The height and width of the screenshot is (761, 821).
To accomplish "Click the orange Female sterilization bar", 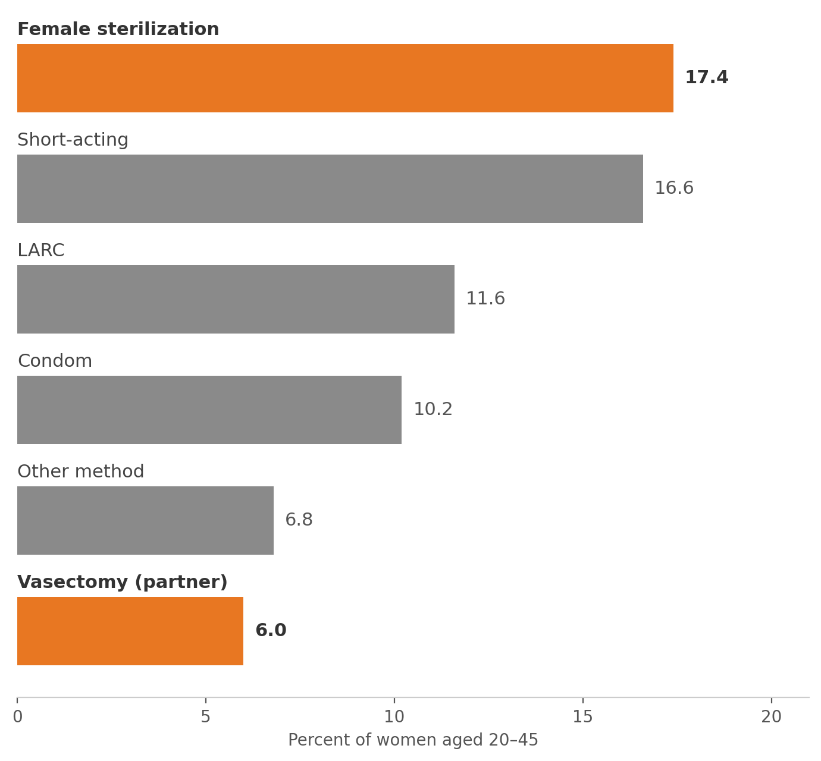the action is (x=345, y=78).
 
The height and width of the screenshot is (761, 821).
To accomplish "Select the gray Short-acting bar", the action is (x=330, y=189).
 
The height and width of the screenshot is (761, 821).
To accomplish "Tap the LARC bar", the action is (x=236, y=299).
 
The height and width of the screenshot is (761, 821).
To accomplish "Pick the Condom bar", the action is (x=209, y=410).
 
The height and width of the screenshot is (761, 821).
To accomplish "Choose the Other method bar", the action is (x=145, y=521).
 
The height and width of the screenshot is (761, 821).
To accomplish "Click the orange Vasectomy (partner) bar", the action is (x=130, y=631).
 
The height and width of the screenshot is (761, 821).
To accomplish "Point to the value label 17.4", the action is (x=707, y=78).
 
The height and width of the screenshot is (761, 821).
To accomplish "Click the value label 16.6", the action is (x=674, y=188).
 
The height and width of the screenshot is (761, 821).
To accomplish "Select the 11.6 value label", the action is (x=485, y=298).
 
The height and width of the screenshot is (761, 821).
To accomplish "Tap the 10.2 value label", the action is (x=433, y=409).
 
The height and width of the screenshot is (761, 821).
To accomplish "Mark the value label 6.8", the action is (x=299, y=520).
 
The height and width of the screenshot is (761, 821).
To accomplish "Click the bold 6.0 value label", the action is (x=271, y=630).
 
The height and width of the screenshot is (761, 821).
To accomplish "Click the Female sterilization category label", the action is (x=118, y=29).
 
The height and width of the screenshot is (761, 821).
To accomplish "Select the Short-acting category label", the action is (x=73, y=140).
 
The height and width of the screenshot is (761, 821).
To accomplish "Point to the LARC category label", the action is (x=41, y=250).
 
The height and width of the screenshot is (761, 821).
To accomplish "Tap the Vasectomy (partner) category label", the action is (x=123, y=582).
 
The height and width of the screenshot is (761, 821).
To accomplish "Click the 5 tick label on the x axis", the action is (x=205, y=717).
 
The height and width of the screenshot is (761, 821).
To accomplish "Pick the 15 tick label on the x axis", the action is (x=583, y=717).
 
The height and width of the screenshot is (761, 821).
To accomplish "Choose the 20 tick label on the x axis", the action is (x=772, y=717).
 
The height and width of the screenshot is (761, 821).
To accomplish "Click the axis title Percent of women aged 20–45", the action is (x=413, y=740).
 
